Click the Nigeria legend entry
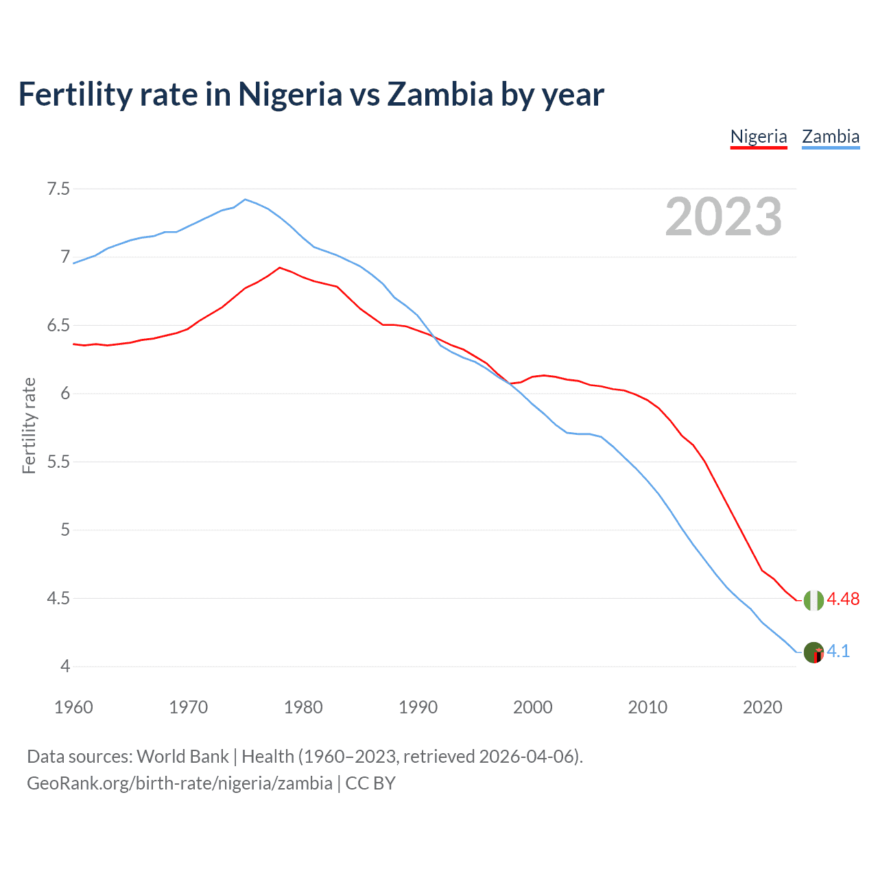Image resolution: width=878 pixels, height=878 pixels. tap(759, 137)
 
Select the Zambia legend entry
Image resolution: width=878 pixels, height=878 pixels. tap(831, 137)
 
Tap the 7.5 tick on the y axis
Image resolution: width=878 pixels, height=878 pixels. tap(58, 189)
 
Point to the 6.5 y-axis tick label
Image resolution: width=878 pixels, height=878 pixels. tap(58, 325)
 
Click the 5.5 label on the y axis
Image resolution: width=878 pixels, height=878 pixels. tap(58, 462)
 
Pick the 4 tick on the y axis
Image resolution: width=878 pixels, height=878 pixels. tap(65, 666)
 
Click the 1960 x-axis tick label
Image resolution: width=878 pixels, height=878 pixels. tap(73, 707)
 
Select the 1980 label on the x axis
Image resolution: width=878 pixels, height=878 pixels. tap(303, 707)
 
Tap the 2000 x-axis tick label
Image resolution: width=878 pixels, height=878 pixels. tap(532, 707)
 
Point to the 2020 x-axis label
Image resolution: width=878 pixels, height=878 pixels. tap(762, 707)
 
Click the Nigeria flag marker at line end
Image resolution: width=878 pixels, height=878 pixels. tap(814, 600)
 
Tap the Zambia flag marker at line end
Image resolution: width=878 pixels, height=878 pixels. tap(814, 652)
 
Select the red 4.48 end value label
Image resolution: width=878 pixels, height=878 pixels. tap(843, 599)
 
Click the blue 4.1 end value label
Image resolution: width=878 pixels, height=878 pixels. tap(838, 651)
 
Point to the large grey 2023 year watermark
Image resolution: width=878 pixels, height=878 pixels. tap(724, 217)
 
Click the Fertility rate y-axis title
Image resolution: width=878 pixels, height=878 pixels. tap(29, 425)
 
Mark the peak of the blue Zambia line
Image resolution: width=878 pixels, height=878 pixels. tap(246, 199)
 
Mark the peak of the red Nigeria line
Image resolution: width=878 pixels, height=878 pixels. tap(280, 268)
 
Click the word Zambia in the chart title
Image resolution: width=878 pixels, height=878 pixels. tap(440, 94)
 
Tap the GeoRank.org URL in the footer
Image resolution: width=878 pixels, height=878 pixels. tap(180, 783)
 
